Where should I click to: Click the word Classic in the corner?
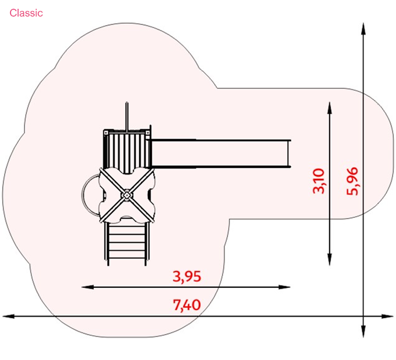pyautogui.click(x=26, y=13)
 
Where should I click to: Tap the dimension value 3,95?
pyautogui.click(x=187, y=276)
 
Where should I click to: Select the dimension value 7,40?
pyautogui.click(x=187, y=305)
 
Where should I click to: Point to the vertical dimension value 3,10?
pyautogui.click(x=319, y=181)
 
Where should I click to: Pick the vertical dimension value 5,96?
pyautogui.click(x=352, y=181)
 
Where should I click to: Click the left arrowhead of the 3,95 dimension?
pyautogui.click(x=88, y=287)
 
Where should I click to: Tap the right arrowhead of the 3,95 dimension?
pyautogui.click(x=284, y=287)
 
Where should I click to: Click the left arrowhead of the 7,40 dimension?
pyautogui.click(x=8, y=316)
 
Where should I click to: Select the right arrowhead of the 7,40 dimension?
pyautogui.click(x=387, y=316)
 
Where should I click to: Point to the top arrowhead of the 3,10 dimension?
pyautogui.click(x=330, y=108)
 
